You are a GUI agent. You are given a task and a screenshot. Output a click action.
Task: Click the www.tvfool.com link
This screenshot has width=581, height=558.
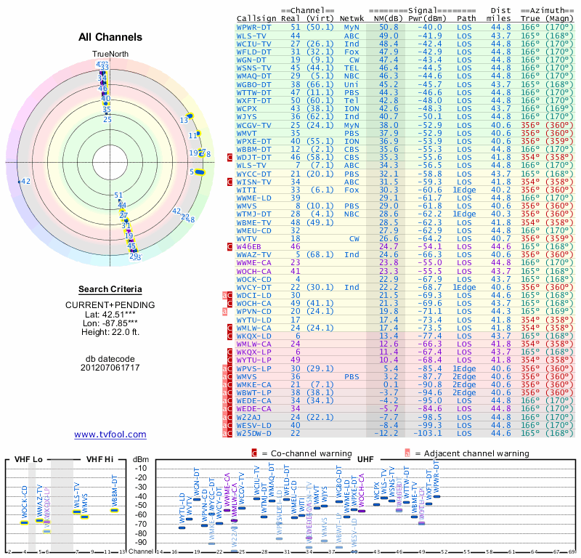[110, 434]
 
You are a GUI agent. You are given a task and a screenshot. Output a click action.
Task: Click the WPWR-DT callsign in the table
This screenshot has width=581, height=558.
[253, 27]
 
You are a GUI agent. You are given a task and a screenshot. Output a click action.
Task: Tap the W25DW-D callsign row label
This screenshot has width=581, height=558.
[253, 433]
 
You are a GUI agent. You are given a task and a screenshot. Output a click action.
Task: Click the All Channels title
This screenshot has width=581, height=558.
[110, 37]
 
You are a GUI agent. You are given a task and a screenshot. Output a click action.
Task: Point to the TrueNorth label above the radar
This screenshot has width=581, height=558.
[109, 54]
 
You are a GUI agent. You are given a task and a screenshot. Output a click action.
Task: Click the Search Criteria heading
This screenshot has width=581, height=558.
[110, 289]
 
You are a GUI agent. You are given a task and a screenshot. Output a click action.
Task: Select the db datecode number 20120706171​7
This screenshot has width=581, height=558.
[110, 368]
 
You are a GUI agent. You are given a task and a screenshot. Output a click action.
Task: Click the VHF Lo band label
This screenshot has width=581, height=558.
[28, 459]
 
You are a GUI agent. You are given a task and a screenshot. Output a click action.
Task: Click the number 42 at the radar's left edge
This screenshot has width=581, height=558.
[25, 181]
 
